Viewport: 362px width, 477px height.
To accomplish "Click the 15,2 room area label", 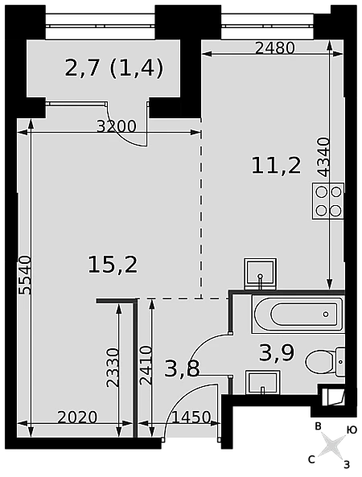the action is [113, 265].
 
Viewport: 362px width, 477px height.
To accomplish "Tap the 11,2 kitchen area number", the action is [276, 166].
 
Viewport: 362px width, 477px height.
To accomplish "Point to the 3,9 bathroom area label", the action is [277, 353].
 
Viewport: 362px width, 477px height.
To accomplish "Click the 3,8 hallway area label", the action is [183, 368].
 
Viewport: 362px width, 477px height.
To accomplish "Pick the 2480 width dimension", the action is [274, 48].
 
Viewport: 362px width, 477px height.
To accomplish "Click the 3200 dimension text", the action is [116, 126].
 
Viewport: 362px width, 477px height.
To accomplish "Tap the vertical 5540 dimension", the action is [25, 275].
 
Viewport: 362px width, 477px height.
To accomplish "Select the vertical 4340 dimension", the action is [323, 157].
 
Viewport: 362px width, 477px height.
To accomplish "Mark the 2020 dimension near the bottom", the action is [77, 417].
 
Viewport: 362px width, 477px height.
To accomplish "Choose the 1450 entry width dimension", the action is [191, 417].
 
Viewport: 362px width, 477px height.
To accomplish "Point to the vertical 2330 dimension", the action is [113, 368].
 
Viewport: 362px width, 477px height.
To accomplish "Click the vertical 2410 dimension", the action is [146, 365].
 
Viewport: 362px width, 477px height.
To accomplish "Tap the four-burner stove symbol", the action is [328, 201].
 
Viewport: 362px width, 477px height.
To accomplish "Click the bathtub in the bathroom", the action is [298, 315].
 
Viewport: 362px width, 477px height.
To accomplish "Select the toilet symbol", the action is [326, 362].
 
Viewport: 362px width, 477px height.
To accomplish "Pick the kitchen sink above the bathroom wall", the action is [260, 273].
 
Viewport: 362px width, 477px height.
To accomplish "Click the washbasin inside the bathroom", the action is [263, 382].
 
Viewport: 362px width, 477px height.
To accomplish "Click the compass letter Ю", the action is [352, 430].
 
